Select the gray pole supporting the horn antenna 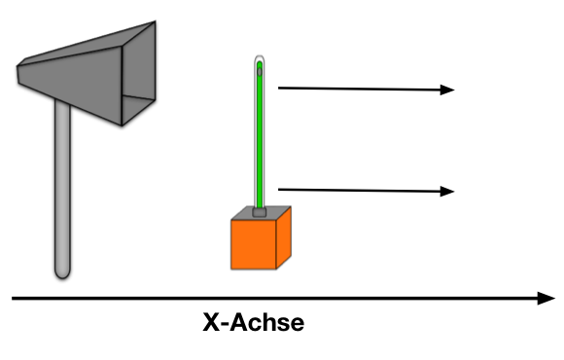[62, 175]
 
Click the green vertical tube [260, 136]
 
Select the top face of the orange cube [261, 213]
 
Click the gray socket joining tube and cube [260, 208]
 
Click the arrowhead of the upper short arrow [448, 90]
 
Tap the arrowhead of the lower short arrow [448, 191]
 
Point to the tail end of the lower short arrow [280, 189]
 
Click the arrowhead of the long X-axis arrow [546, 298]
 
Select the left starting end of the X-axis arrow [15, 298]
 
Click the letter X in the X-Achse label [211, 322]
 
